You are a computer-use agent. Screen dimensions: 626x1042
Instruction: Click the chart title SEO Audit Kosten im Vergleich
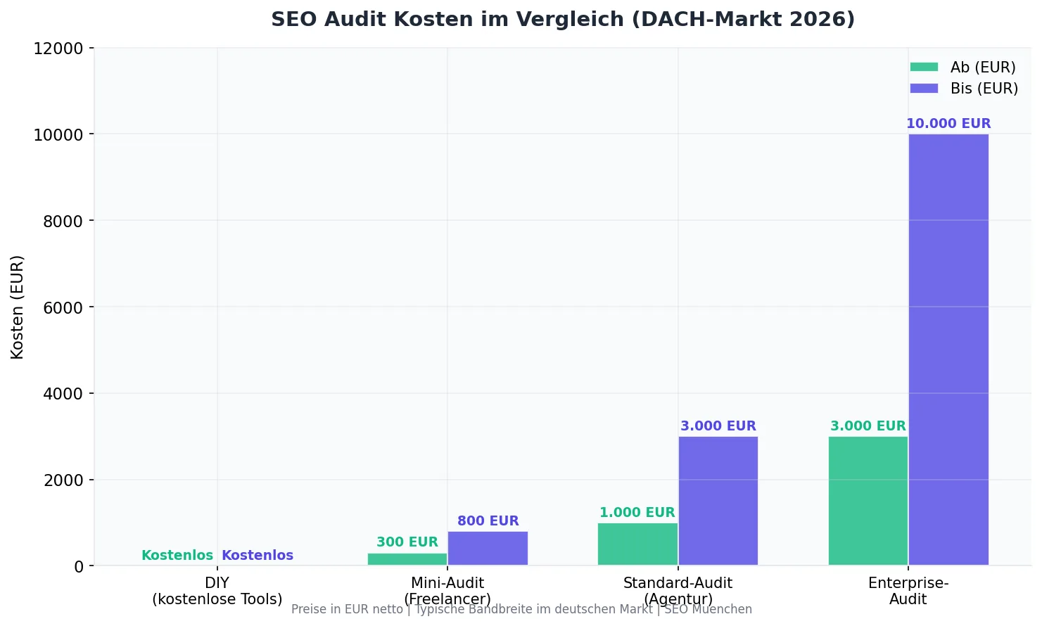(563, 19)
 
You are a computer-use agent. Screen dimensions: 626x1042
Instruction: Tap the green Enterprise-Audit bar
(868, 501)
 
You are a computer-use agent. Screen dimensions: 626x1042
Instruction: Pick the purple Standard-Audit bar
(718, 501)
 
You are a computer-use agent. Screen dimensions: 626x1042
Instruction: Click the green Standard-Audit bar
(637, 544)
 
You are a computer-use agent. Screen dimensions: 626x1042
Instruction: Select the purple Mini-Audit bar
(488, 548)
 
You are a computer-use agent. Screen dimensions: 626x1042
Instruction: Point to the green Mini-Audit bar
(407, 559)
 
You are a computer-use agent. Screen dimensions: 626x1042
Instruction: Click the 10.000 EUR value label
(948, 124)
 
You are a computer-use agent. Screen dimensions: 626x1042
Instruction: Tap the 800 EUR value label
(488, 521)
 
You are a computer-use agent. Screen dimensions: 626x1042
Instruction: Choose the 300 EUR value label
(407, 542)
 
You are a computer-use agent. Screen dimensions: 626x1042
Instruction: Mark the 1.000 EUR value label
(637, 513)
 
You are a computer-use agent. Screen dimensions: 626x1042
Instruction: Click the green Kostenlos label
(177, 556)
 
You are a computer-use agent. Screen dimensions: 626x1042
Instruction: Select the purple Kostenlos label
(258, 556)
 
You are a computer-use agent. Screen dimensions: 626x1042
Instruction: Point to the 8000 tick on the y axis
(58, 221)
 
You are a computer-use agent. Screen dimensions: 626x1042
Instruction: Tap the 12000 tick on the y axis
(58, 49)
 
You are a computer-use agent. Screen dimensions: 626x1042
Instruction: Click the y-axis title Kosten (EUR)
(18, 307)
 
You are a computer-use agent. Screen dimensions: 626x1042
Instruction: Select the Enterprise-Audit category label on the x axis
(908, 591)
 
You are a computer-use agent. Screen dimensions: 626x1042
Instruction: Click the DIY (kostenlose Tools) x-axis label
(217, 591)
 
